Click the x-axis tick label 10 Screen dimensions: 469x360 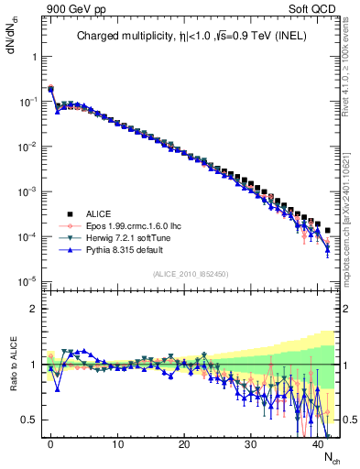pos(117,444)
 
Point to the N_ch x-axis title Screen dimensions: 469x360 pos(331,458)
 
